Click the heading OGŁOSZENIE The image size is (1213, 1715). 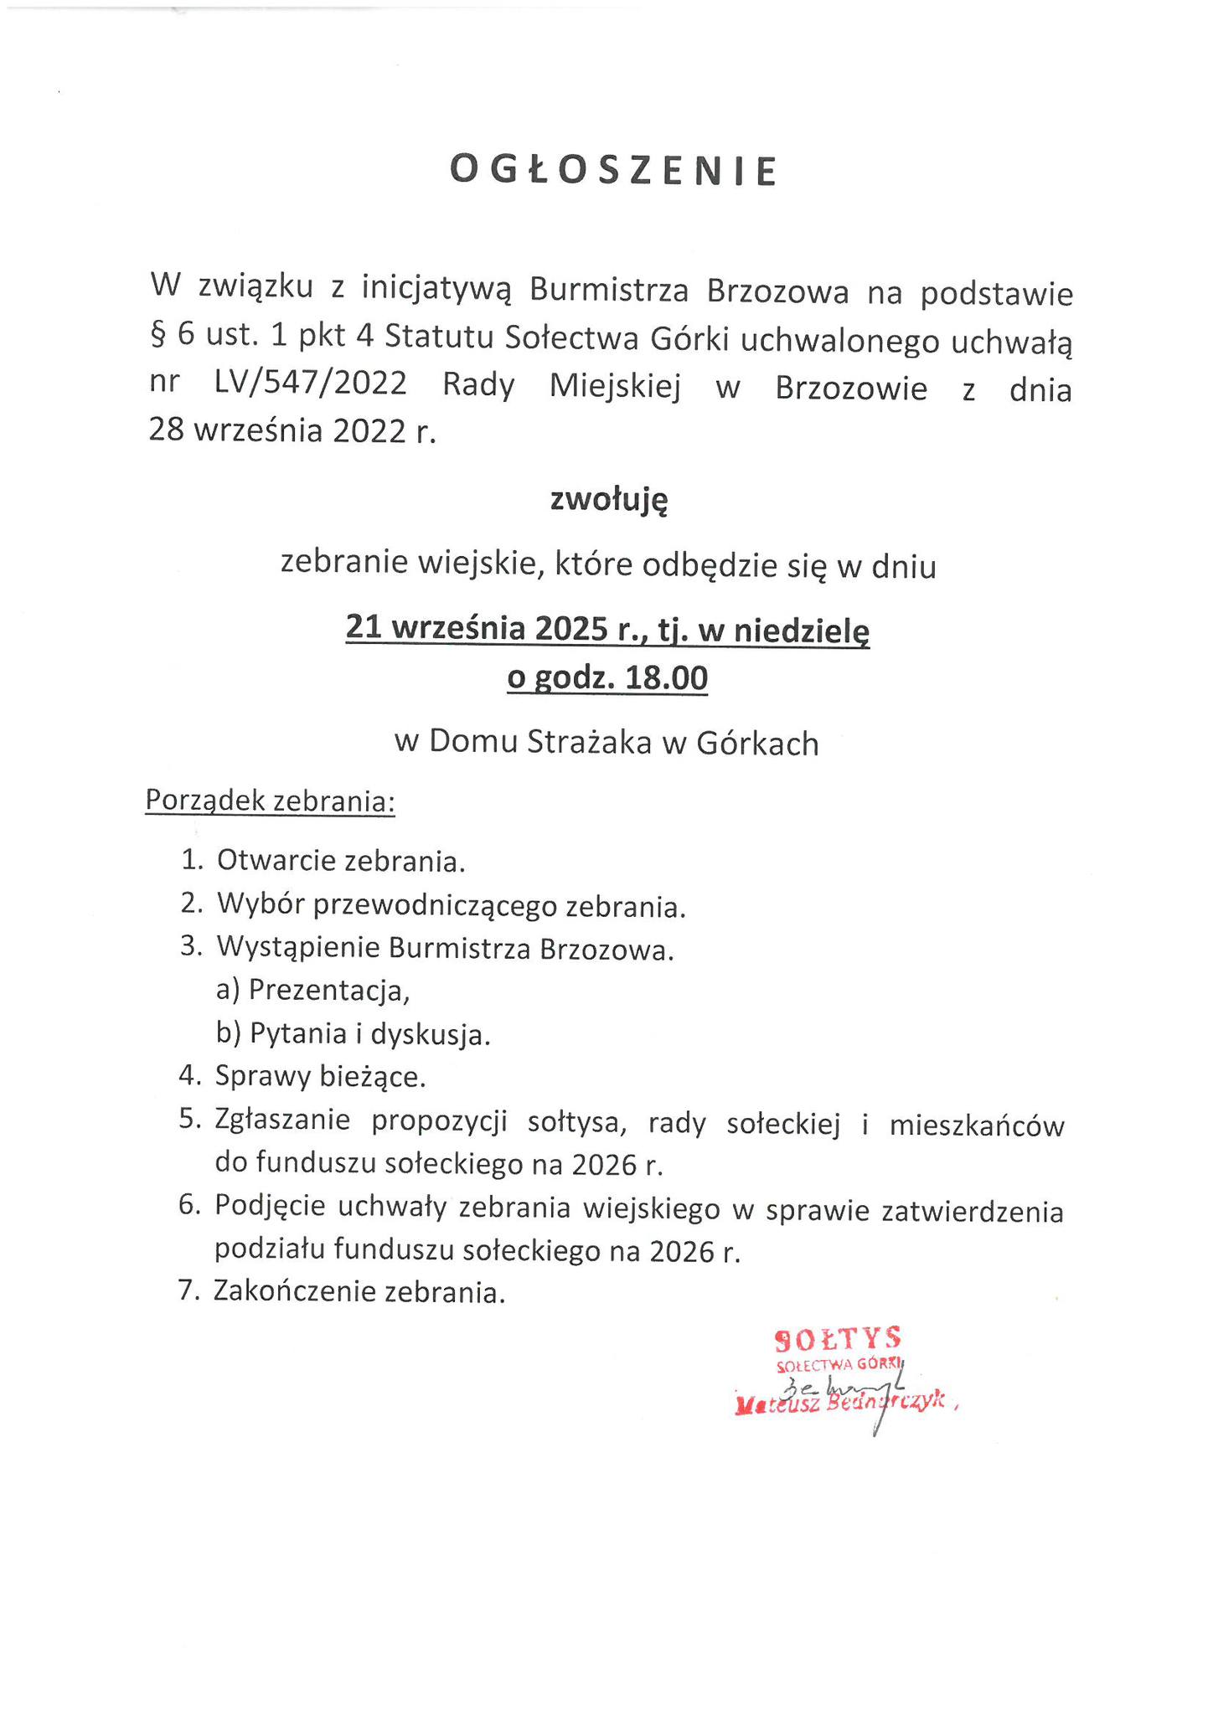tap(614, 170)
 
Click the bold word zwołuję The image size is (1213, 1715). tap(609, 500)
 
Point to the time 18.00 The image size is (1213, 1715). tap(667, 677)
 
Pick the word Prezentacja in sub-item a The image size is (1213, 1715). tap(328, 991)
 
